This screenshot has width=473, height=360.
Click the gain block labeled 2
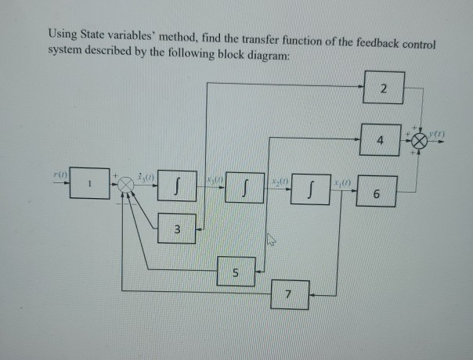tap(383, 90)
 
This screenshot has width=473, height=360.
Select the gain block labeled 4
tap(380, 140)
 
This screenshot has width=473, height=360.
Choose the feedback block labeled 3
tap(177, 229)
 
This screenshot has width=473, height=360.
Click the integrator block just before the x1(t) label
tap(309, 189)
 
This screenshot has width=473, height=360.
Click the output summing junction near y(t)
tap(421, 141)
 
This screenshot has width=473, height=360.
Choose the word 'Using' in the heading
tap(61, 34)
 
